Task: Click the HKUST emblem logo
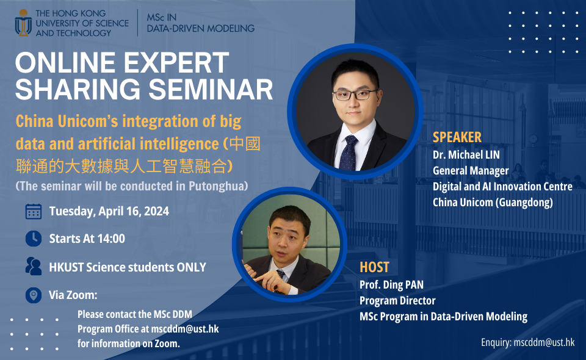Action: [23, 23]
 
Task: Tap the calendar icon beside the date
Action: [33, 211]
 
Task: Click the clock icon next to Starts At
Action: [33, 239]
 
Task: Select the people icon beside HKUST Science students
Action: [33, 266]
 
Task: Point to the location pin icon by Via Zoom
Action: [33, 295]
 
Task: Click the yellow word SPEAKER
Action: [457, 137]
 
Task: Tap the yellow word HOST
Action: [374, 267]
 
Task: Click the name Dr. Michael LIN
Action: [466, 154]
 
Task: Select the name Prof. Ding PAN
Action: [391, 285]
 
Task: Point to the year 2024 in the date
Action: [156, 211]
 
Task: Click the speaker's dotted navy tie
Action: [349, 153]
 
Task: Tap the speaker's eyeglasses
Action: [354, 95]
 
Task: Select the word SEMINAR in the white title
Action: [211, 90]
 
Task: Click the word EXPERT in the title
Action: [176, 62]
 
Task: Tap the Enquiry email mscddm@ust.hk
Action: [544, 342]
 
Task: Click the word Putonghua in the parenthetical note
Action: [219, 186]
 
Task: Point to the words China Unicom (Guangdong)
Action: [493, 203]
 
